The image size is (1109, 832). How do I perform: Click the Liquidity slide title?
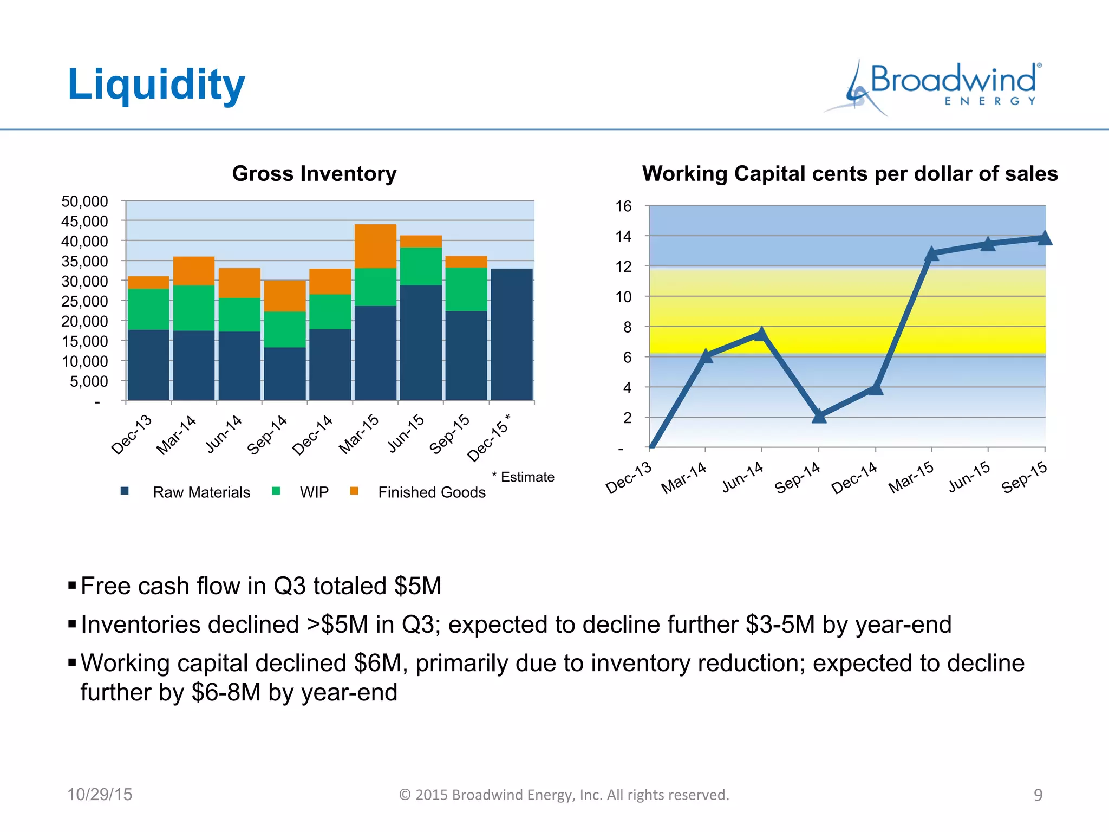point(156,85)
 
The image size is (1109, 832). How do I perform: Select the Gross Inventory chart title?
point(314,174)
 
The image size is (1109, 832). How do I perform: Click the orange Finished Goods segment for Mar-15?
point(375,246)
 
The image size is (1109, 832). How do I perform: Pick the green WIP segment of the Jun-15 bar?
point(421,266)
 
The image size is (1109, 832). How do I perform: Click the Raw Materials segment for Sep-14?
point(284,373)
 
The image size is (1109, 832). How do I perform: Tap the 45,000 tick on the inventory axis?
point(84,221)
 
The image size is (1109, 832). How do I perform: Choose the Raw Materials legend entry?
point(201,492)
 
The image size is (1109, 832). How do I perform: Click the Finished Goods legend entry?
point(432,492)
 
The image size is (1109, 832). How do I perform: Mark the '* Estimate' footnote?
point(523,477)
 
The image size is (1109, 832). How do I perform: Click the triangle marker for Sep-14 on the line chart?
point(819,416)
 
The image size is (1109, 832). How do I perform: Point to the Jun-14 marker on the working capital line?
point(761,334)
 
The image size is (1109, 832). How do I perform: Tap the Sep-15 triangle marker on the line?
point(1045,238)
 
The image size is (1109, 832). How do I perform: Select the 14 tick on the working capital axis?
point(623,236)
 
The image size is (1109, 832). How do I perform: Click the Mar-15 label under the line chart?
point(911,477)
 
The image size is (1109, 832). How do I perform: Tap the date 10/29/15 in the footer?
point(100,794)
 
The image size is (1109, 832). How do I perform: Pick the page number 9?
point(1038,795)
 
